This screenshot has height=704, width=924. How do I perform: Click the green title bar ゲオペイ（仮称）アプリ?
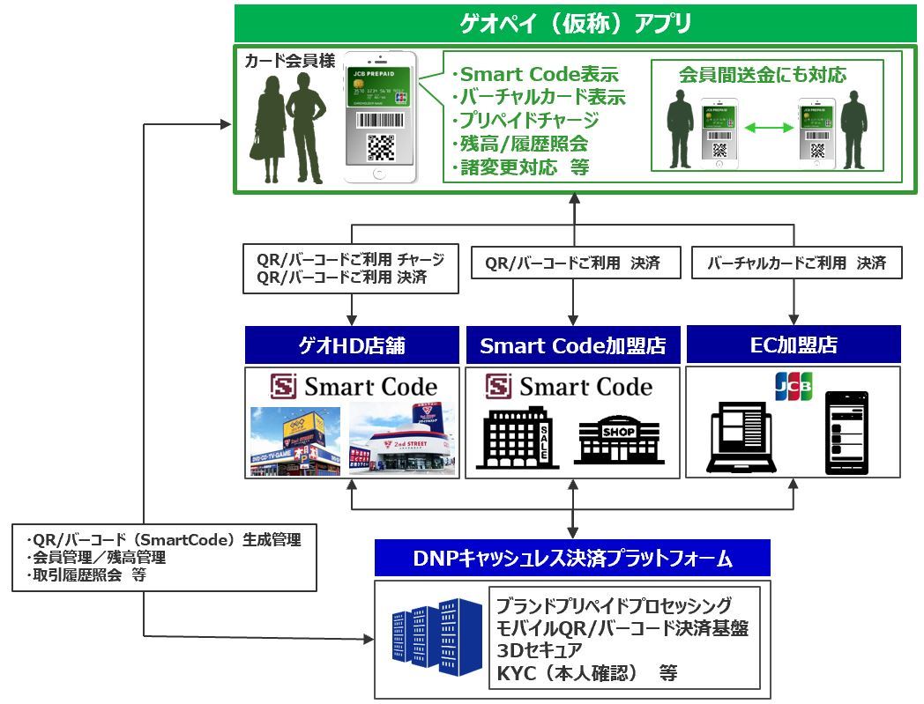click(x=576, y=22)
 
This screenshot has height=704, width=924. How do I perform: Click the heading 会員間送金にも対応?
click(x=762, y=75)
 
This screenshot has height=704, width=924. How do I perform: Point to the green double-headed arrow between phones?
click(x=769, y=129)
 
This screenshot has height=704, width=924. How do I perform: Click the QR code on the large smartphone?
click(x=380, y=146)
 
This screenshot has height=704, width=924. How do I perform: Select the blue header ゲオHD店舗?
click(x=352, y=345)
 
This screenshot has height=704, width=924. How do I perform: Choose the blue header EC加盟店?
click(x=794, y=345)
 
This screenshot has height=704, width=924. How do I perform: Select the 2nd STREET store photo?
click(x=403, y=440)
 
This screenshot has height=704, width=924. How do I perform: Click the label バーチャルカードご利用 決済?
click(x=795, y=263)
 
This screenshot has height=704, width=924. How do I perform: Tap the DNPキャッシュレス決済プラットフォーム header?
click(x=572, y=559)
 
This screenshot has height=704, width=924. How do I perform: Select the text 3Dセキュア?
click(x=540, y=650)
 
